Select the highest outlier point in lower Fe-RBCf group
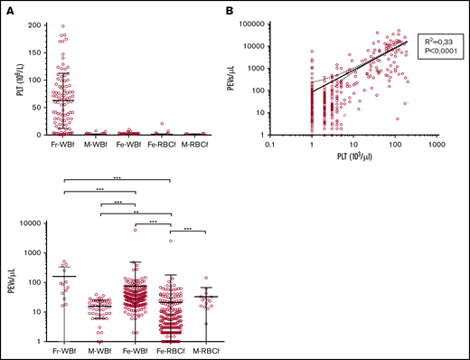[x=169, y=241]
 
